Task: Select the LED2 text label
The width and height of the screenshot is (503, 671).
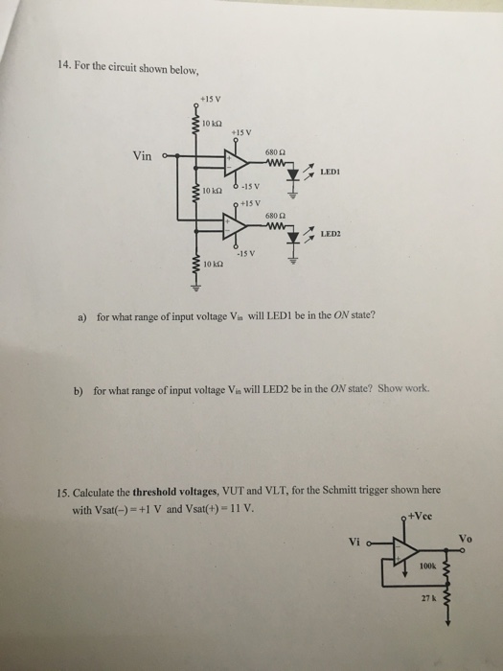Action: click(x=332, y=234)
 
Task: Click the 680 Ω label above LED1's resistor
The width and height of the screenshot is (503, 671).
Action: click(x=274, y=150)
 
